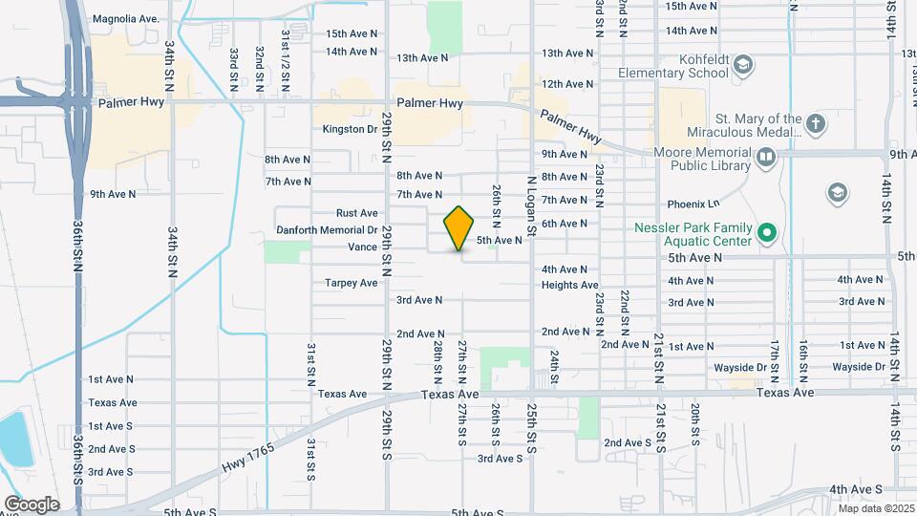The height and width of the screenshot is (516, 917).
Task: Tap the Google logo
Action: (32, 505)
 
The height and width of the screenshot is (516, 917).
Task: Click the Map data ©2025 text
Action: (875, 508)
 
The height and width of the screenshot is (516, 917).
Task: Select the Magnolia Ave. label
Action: (124, 19)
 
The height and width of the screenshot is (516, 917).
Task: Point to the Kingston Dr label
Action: (351, 129)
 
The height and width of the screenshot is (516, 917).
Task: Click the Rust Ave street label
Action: (356, 213)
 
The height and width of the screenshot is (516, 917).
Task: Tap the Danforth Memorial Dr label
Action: (328, 230)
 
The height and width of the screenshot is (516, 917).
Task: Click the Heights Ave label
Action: (569, 285)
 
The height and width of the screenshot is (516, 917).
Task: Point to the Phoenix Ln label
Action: (693, 204)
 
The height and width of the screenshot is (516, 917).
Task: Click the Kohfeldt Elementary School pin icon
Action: (745, 65)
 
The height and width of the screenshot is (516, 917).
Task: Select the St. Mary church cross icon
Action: (815, 123)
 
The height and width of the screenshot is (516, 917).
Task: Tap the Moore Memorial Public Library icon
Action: (765, 157)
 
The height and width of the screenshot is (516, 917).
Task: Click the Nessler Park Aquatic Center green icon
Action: (765, 232)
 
